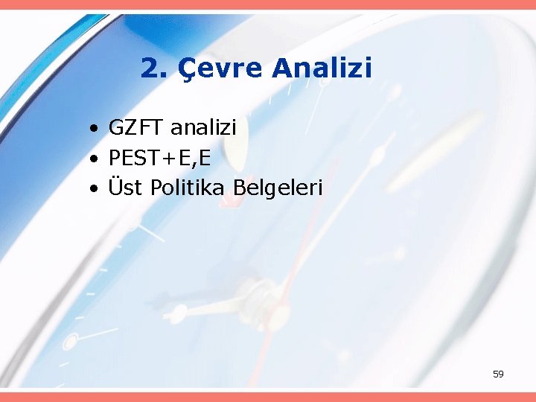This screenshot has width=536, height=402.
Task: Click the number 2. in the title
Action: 153,68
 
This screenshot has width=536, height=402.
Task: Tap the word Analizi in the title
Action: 322,68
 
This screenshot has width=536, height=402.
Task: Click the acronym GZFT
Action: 136,128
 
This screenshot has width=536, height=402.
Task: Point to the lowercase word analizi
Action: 203,128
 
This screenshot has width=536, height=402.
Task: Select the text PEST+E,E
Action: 159,158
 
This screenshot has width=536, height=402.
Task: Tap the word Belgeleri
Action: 278,188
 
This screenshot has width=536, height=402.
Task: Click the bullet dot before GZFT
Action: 92,130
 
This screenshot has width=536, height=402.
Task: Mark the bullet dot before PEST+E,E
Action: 92,159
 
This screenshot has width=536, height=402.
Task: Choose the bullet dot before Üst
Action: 92,189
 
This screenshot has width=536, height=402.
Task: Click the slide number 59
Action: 498,374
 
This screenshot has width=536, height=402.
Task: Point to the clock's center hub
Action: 261,287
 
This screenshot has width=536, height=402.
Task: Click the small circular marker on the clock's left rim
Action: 71,342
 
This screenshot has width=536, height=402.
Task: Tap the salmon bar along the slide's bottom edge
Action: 268,397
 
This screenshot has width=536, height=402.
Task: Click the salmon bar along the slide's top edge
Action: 268,4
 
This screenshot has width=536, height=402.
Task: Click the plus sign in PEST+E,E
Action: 173,159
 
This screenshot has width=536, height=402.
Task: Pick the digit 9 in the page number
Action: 501,374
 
